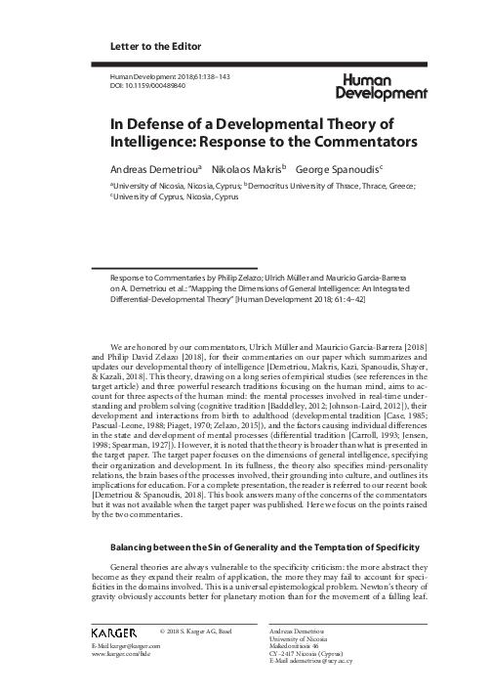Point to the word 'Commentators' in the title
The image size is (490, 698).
click(357, 142)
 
